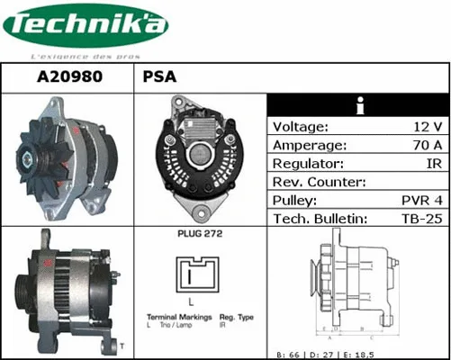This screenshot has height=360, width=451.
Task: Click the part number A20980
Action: [68, 77]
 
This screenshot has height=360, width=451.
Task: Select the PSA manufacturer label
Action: [159, 77]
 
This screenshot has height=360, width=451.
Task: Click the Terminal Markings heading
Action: [179, 318]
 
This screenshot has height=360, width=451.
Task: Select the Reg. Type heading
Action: [238, 318]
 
